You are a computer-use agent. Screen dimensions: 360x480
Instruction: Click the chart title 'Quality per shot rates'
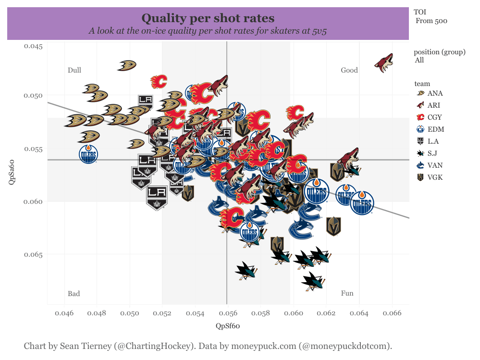(208, 18)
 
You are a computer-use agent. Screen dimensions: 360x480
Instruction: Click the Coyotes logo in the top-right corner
(385, 63)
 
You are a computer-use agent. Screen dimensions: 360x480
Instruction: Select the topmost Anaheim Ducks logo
(127, 65)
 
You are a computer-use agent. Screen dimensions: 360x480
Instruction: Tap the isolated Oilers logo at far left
(88, 154)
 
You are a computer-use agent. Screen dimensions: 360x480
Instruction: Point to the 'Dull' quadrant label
(74, 70)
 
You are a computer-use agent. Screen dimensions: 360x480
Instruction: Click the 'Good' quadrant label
(349, 70)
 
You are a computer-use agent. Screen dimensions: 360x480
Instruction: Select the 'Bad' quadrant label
(74, 294)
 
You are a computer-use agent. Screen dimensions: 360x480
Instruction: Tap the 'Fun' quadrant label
(347, 294)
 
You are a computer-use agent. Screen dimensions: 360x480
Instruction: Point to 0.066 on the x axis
(392, 314)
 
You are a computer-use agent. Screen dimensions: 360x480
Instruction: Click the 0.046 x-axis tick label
(64, 314)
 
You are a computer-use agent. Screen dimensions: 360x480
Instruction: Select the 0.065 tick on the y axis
(33, 254)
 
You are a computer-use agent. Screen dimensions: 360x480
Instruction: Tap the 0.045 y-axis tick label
(33, 46)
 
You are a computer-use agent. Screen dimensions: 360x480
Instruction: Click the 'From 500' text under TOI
(431, 21)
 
